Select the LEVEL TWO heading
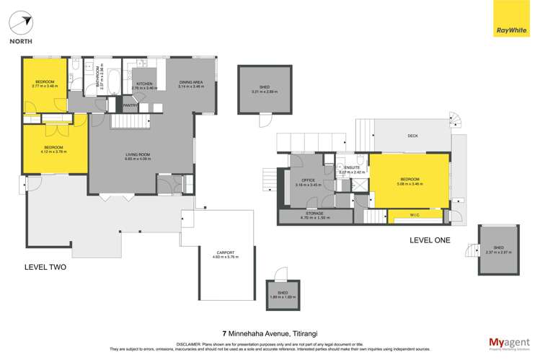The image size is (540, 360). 45,267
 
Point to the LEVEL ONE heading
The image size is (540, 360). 430,240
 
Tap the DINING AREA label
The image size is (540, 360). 191,82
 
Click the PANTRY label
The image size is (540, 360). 130,106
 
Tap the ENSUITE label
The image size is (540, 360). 352,167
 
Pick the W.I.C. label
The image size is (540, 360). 415,214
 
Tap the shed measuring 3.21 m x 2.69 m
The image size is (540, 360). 265,90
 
